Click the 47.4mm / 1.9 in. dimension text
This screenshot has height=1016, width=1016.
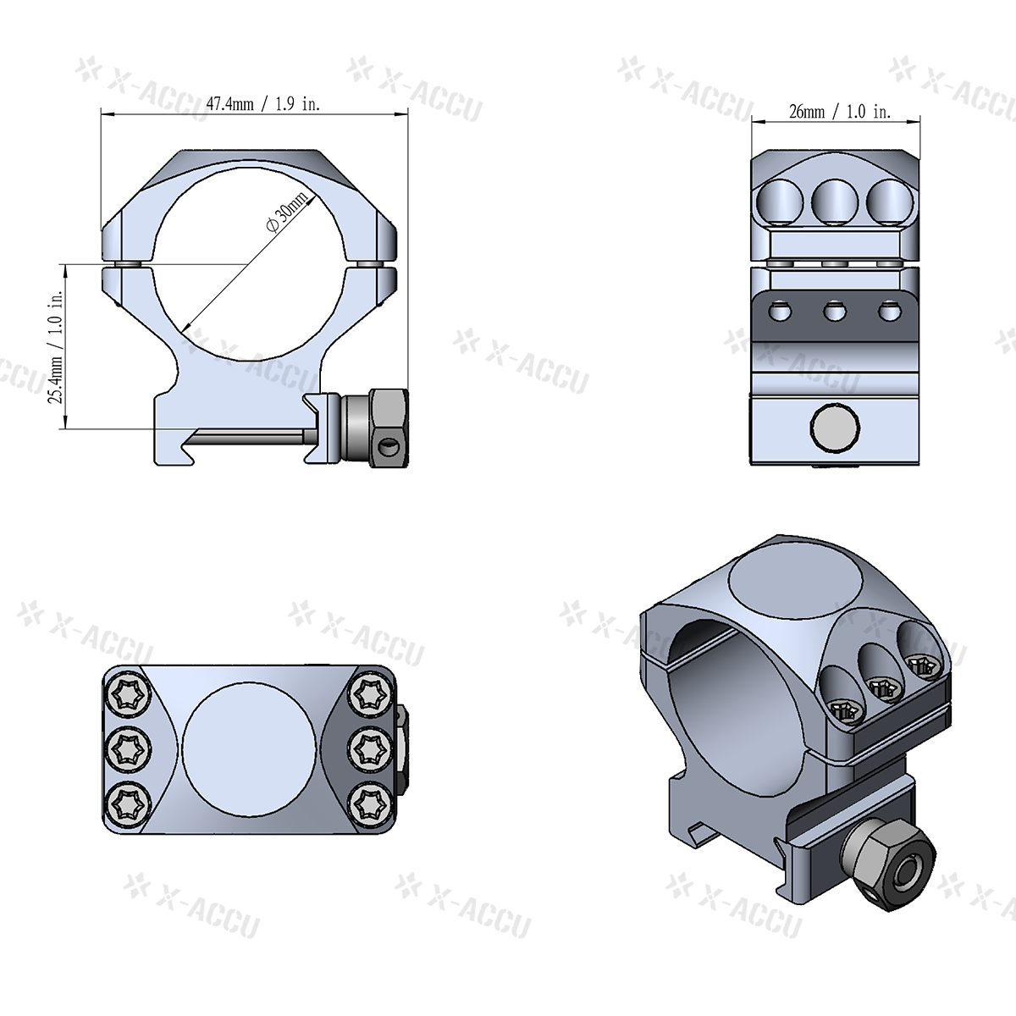pyautogui.click(x=263, y=104)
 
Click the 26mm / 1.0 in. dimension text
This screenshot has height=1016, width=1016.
pyautogui.click(x=839, y=112)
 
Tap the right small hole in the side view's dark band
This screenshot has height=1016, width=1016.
pyautogui.click(x=887, y=312)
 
